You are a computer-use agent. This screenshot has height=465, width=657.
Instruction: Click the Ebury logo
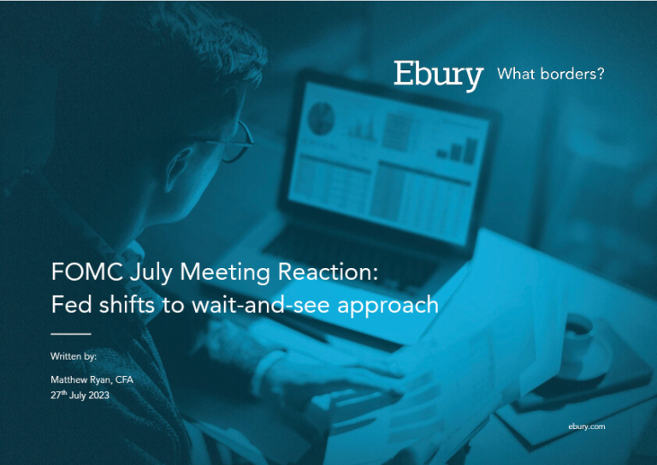[438, 75]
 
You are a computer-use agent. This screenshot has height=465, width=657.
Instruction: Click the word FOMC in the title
[87, 271]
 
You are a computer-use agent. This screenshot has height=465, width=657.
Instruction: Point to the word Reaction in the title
[328, 271]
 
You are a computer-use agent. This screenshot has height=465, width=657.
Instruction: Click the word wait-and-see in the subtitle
[261, 304]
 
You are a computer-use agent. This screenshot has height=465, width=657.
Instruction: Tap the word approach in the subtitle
[388, 306]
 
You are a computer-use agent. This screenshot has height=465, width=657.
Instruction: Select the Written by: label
[74, 356]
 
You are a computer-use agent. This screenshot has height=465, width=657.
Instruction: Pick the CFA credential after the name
[124, 379]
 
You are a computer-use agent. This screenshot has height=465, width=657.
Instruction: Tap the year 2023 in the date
[99, 396]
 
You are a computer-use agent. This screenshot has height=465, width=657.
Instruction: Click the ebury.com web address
[587, 426]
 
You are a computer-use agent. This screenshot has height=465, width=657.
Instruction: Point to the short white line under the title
[71, 334]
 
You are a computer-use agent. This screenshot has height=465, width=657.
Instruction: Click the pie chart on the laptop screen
[322, 118]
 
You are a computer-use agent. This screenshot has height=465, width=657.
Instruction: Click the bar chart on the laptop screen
[458, 150]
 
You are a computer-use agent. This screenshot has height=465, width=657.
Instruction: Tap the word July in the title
[151, 273]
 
